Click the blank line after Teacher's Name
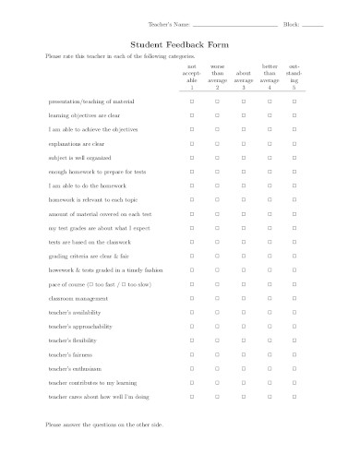coord(239,24)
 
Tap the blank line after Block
coord(312,24)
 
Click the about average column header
coord(243,79)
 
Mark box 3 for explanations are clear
coord(243,145)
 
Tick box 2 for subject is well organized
coord(217,159)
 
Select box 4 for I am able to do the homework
coord(269,185)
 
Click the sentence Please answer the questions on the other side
coord(103,424)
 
